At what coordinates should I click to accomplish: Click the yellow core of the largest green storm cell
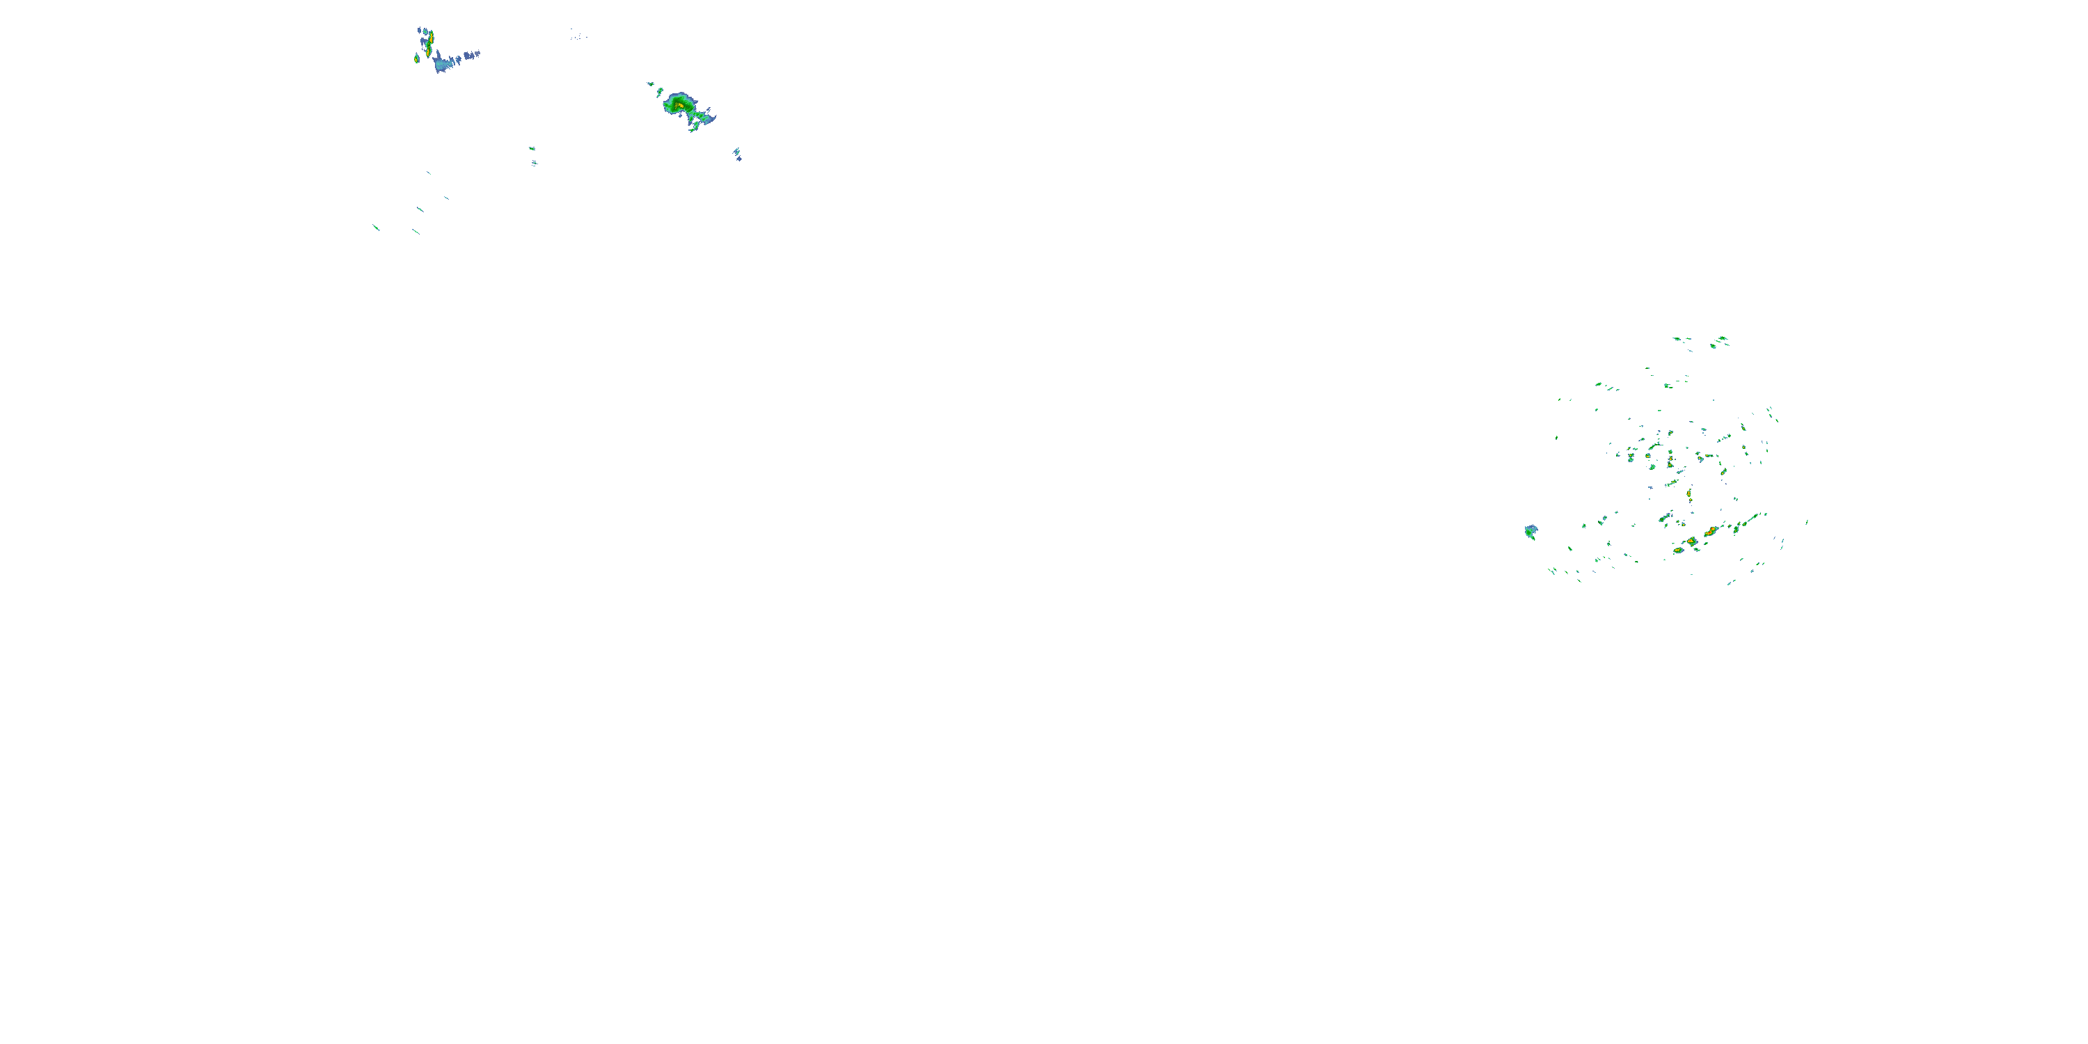(680, 104)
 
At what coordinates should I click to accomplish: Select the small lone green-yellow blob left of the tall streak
(417, 58)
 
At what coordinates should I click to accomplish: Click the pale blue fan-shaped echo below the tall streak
(442, 64)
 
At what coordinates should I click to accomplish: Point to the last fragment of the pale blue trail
(477, 54)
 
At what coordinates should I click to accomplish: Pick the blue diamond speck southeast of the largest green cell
(738, 154)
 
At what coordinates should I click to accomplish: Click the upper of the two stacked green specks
(532, 148)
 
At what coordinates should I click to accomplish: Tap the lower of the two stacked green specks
(534, 163)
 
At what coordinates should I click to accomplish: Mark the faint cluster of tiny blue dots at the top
(577, 35)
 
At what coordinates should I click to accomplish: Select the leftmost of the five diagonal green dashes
(376, 228)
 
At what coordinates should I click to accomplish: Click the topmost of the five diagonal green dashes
(429, 173)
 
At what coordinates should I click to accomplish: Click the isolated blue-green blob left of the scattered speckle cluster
(1531, 532)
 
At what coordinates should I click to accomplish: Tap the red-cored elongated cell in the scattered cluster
(1710, 532)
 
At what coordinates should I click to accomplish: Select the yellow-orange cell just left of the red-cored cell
(1692, 541)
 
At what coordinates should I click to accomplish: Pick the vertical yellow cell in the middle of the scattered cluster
(1689, 492)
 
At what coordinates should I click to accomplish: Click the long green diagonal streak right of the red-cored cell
(1751, 520)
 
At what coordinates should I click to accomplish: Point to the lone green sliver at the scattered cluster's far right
(1807, 522)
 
